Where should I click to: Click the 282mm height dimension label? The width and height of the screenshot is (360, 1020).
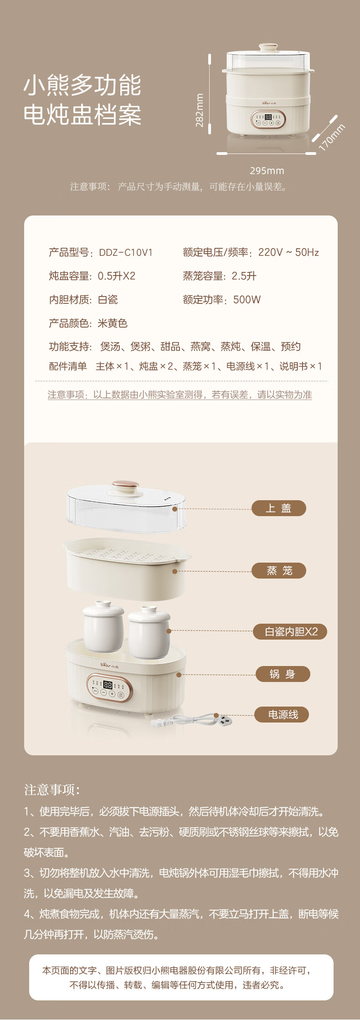(x=199, y=110)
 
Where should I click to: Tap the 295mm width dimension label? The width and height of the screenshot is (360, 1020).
(x=267, y=171)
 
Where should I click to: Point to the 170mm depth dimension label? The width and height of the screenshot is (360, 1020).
(x=332, y=137)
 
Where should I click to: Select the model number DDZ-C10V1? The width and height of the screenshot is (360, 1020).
(x=126, y=252)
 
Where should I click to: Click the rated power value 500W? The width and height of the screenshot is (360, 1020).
(x=247, y=300)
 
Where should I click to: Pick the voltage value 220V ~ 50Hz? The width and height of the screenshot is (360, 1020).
(x=288, y=252)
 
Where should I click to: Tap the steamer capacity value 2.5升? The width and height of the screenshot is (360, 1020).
(x=244, y=276)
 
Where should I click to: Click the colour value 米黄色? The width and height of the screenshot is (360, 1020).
(x=113, y=323)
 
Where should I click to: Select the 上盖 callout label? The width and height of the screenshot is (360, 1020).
(x=278, y=508)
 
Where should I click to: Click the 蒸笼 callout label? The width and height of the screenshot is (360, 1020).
(x=278, y=571)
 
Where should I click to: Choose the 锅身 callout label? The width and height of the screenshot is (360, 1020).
(x=283, y=674)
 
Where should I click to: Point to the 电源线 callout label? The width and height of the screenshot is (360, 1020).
(x=283, y=715)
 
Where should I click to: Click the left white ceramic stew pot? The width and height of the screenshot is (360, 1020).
(x=103, y=626)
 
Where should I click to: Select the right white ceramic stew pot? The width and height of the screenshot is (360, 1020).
(x=149, y=632)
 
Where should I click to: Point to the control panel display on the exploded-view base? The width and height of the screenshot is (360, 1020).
(x=108, y=684)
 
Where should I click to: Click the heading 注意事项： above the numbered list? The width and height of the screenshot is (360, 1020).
(x=52, y=790)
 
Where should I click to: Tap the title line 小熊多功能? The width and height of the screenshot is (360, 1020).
(x=82, y=86)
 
